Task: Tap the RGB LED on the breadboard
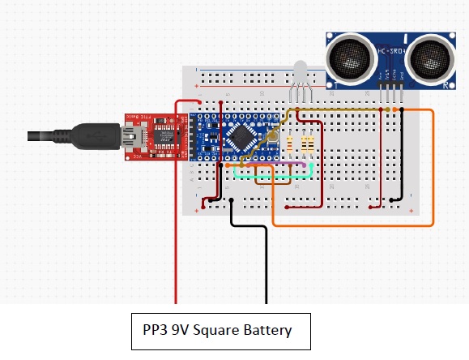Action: pyautogui.click(x=299, y=74)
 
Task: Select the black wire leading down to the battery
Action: pyautogui.click(x=266, y=259)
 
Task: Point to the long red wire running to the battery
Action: pyautogui.click(x=177, y=243)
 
